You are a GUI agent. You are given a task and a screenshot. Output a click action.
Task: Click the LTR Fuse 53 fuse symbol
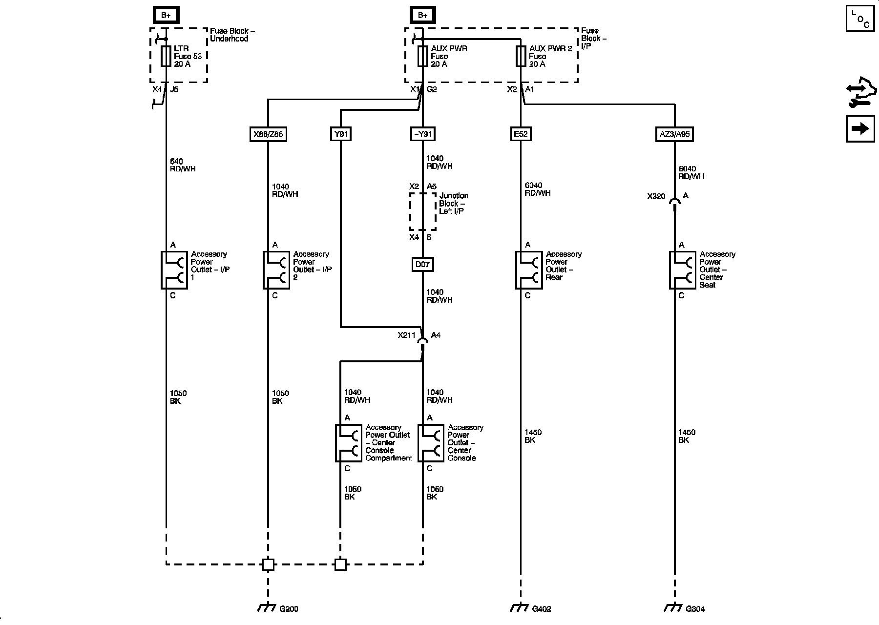[166, 56]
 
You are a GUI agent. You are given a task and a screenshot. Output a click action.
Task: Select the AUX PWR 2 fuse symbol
[521, 56]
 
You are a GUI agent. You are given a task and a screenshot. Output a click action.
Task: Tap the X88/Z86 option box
[268, 134]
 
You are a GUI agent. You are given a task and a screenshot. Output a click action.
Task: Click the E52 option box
[521, 134]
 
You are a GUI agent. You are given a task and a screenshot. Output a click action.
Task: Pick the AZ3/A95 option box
[674, 134]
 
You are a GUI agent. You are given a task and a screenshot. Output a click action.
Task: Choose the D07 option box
[422, 265]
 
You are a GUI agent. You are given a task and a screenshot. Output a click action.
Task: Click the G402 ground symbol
[520, 607]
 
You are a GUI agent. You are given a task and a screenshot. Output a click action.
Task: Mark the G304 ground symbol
[674, 607]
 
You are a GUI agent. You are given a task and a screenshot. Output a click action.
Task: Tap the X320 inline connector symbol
[674, 202]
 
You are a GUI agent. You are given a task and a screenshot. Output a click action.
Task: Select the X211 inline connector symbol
[423, 341]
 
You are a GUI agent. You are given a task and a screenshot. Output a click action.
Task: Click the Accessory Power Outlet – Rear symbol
[528, 270]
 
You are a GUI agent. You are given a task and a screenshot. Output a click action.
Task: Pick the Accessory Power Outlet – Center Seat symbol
[682, 270]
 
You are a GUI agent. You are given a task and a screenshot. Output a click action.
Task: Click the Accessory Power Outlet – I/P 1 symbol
[174, 270]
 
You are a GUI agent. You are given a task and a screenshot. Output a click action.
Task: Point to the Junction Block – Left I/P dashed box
[423, 211]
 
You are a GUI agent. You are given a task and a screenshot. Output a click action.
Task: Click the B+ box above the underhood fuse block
[166, 16]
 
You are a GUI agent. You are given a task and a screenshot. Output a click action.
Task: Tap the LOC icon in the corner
[860, 18]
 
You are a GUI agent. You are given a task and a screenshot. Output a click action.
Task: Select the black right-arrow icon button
[860, 128]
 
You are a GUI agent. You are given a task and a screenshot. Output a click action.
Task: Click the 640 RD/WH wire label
[183, 165]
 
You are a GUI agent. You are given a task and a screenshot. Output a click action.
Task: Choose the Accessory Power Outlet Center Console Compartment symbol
[348, 443]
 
